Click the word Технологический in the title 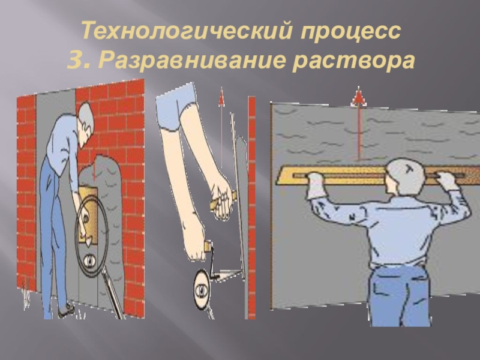187,31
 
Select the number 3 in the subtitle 74,60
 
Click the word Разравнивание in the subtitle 193,60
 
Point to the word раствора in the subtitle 354,61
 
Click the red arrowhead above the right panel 359,97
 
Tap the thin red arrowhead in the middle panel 221,97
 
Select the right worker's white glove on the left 317,187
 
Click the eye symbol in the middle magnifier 201,289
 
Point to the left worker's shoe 66,310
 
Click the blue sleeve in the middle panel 176,106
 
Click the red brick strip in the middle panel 251,208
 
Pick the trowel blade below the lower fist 227,274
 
